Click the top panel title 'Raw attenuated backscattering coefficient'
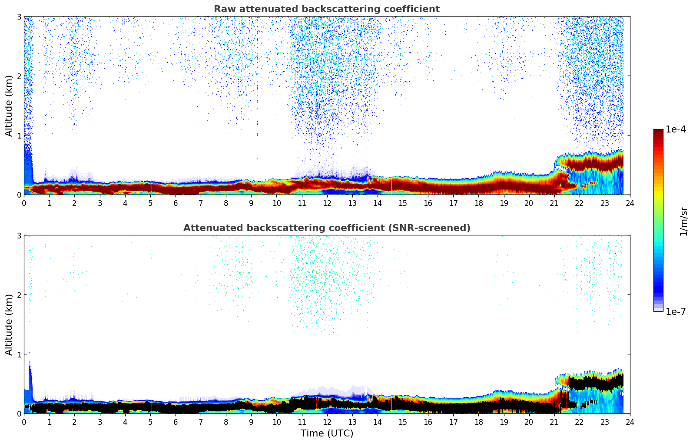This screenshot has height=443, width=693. click(326, 9)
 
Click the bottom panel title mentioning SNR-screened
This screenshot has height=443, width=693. click(326, 228)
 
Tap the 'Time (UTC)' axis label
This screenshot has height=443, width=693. click(327, 433)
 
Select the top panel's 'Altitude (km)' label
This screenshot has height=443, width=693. click(9, 106)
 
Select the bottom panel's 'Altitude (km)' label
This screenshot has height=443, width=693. click(9, 324)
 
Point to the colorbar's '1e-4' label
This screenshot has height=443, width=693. click(676, 129)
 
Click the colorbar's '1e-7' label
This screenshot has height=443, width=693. click(676, 311)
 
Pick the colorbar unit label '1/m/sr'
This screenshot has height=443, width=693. click(683, 221)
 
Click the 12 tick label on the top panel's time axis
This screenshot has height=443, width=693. click(327, 203)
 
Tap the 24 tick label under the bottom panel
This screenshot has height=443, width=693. click(630, 422)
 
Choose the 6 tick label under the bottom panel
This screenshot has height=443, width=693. click(176, 422)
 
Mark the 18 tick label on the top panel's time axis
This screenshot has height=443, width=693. click(478, 203)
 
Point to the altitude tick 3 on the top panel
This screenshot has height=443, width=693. click(19, 17)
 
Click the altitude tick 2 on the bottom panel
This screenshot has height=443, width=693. click(19, 295)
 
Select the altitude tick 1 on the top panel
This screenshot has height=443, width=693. click(19, 136)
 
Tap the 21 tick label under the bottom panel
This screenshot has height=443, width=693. click(554, 422)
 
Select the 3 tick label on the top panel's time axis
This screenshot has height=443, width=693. click(100, 203)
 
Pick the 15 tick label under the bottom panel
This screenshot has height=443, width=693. click(402, 422)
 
